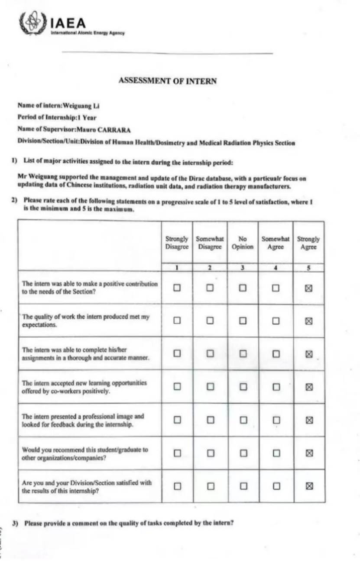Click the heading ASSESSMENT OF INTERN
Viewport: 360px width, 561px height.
coord(168,81)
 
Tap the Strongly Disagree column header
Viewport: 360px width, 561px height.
coord(177,243)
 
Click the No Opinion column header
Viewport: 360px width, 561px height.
coord(243,243)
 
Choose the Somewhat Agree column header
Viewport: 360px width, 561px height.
coord(276,243)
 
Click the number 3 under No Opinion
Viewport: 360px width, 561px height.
coord(243,268)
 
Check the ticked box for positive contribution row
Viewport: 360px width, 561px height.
coord(309,288)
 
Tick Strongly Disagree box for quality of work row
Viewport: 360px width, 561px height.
coord(177,321)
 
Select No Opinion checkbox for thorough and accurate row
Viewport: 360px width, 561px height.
coord(243,354)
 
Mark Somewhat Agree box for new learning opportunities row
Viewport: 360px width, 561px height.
coord(276,387)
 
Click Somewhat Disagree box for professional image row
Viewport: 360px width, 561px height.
coord(210,420)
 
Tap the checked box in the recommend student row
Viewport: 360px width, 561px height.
coord(309,453)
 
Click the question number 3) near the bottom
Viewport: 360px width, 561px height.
coord(15,523)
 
